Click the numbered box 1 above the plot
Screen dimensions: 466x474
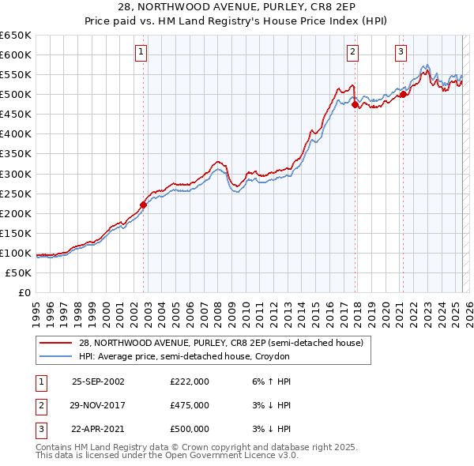pos(141,53)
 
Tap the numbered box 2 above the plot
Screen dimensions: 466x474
pos(352,53)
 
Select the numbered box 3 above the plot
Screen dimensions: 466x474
pos(401,53)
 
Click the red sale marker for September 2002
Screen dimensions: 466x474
pos(144,205)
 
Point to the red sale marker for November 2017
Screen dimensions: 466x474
pos(355,103)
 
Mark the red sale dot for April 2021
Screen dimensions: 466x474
pos(403,94)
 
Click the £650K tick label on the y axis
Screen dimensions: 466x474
pos(16,36)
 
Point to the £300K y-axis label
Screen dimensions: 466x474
pos(16,174)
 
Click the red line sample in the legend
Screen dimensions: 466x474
pos(55,344)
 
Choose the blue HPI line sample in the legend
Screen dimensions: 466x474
pos(55,357)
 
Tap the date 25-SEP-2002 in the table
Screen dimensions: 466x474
pos(98,381)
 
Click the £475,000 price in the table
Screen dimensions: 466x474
pos(190,405)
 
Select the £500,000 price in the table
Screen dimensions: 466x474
pos(190,429)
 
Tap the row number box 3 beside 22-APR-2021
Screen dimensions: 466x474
pos(39,429)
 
